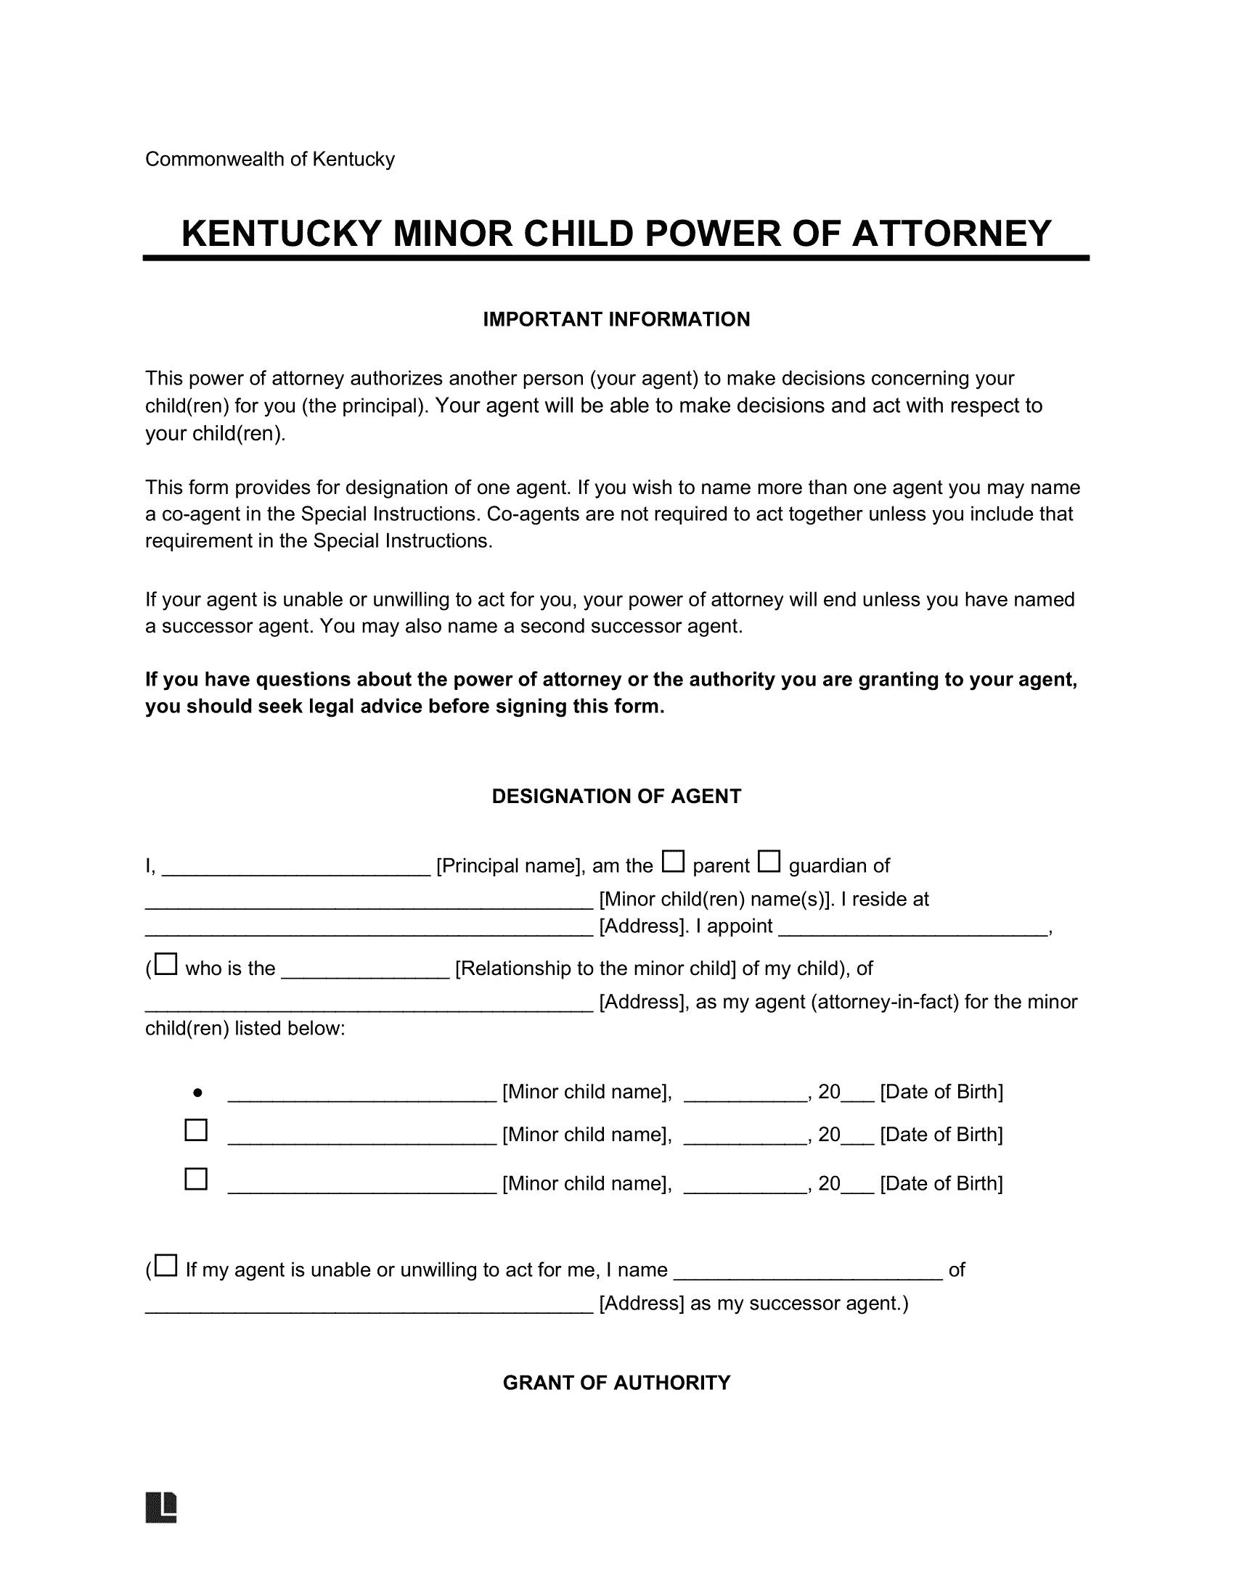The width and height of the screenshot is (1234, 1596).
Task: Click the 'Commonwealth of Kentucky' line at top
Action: click(x=270, y=160)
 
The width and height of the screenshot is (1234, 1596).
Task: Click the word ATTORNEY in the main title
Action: click(x=951, y=234)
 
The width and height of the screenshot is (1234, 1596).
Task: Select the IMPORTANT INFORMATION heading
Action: click(x=616, y=319)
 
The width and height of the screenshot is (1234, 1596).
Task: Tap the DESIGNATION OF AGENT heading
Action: click(x=616, y=796)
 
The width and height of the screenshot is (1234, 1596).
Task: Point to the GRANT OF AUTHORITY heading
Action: click(x=616, y=1383)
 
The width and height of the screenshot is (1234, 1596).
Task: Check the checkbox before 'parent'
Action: click(x=673, y=862)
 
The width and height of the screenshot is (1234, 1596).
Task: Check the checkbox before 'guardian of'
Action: click(x=769, y=862)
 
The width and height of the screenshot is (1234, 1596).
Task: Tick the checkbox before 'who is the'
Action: click(x=167, y=965)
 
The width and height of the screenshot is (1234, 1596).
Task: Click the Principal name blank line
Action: click(x=295, y=870)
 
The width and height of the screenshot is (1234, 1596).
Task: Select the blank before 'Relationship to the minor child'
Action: click(x=365, y=974)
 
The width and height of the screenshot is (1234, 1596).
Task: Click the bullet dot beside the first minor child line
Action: click(x=197, y=1093)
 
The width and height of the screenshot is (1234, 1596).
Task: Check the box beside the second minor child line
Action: click(x=196, y=1130)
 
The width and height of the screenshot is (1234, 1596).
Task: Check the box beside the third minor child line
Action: click(x=196, y=1180)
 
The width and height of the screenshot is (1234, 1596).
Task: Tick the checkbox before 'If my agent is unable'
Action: click(x=167, y=1266)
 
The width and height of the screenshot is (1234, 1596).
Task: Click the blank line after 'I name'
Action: click(x=808, y=1275)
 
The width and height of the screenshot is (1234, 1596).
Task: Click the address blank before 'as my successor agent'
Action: click(x=369, y=1308)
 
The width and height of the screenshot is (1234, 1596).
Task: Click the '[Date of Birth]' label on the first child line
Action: click(x=941, y=1092)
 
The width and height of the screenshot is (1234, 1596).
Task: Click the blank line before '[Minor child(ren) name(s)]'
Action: click(x=369, y=904)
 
